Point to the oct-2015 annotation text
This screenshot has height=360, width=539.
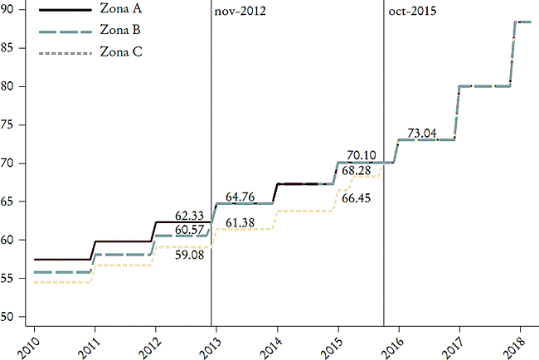412,12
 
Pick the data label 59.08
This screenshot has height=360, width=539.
190,254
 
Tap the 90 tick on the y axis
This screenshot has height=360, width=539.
11,9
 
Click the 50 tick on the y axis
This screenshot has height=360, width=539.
11,317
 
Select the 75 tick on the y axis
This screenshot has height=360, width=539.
11,124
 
